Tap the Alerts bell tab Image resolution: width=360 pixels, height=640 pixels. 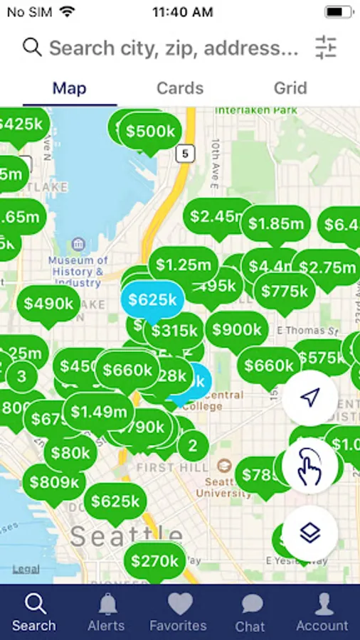click(106, 612)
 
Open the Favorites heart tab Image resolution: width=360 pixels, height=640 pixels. click(178, 612)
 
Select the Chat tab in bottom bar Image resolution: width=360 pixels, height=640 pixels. click(250, 612)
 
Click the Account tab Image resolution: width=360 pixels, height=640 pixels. click(322, 612)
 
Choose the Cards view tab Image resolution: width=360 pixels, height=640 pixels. click(180, 88)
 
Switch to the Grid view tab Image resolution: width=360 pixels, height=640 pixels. click(290, 88)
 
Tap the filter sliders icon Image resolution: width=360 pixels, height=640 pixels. click(326, 48)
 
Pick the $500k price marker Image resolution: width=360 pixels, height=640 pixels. click(150, 132)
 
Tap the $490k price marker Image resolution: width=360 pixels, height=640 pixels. click(48, 304)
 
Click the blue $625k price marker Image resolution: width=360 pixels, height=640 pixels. click(152, 299)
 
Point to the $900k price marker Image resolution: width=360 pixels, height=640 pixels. click(237, 330)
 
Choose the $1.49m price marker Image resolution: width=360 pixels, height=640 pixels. click(99, 411)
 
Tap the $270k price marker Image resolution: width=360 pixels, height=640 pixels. click(155, 561)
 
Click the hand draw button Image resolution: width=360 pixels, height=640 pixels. click(309, 466)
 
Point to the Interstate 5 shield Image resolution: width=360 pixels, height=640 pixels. click(186, 152)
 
